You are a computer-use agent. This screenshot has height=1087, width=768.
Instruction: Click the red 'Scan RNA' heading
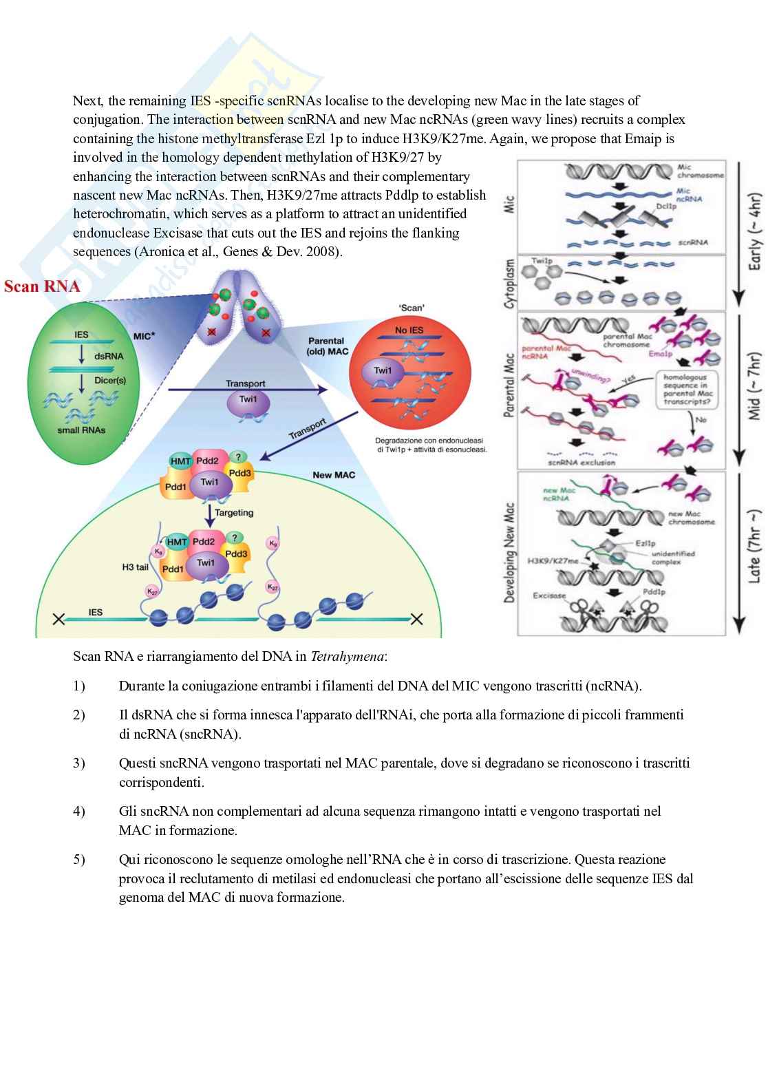42,286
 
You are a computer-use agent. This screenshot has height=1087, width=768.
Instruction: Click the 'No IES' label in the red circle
409,330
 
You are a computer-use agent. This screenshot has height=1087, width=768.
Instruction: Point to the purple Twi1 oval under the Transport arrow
246,400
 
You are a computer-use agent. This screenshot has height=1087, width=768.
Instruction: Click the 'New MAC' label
334,474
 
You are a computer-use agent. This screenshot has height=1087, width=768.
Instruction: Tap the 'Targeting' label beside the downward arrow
234,513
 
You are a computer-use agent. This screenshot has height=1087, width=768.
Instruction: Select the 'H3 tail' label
135,567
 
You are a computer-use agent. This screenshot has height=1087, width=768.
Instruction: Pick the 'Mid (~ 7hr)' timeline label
755,386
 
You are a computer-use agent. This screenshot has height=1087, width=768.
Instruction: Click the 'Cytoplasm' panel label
510,283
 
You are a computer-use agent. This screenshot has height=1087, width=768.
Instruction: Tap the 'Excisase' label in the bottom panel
549,595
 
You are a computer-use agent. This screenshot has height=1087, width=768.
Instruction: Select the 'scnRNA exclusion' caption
582,463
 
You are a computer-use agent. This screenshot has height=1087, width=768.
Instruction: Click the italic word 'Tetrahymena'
348,656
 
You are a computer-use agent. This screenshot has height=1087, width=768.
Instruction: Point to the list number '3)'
79,763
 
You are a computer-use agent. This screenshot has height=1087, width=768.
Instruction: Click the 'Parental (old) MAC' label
328,346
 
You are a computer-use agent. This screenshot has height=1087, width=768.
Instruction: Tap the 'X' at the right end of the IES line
416,618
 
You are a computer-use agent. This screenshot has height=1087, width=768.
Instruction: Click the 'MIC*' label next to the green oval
144,336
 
